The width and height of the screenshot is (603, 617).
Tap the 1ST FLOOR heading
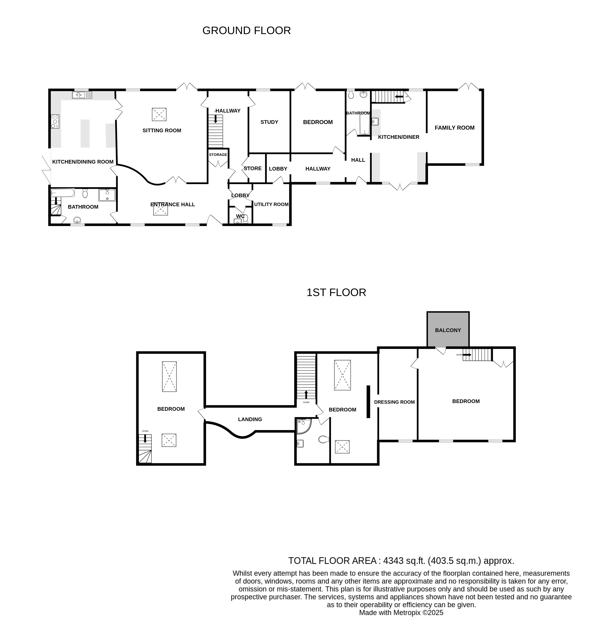coord(336,292)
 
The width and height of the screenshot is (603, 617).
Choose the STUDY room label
coord(269,122)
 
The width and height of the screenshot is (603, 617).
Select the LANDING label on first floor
coord(250,419)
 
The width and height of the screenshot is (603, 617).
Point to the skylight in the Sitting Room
coord(159,114)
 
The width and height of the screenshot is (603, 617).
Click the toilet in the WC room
coord(245,218)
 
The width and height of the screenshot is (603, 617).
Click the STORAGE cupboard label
coord(218,154)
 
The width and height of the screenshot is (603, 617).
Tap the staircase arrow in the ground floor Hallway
coord(216,119)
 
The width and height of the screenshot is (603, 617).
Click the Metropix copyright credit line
coord(401,612)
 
